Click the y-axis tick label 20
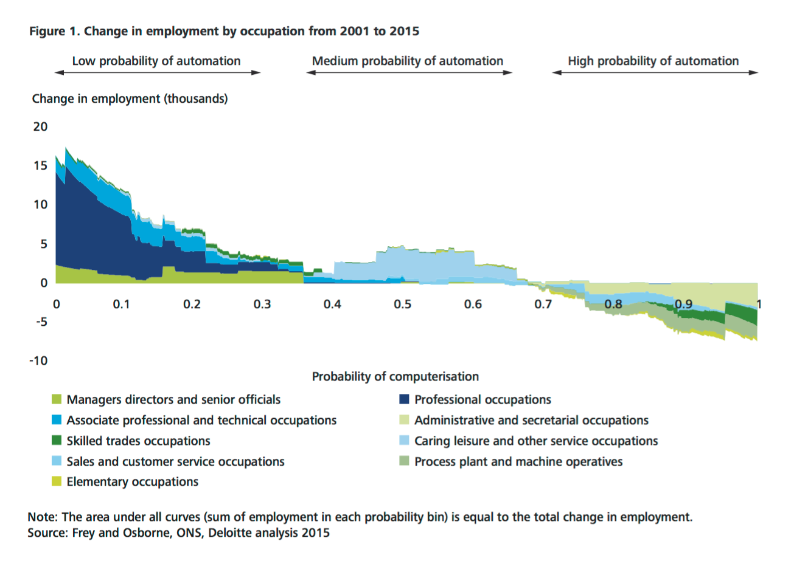(40, 126)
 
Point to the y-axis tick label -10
(38, 360)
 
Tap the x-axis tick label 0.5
(402, 304)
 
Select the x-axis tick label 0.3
(262, 304)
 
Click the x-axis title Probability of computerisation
(395, 376)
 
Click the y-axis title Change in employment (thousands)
(130, 98)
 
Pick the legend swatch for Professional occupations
(404, 399)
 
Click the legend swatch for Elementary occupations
(57, 481)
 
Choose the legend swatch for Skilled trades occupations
(57, 440)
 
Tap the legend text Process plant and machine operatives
(518, 461)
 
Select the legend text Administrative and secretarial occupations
(531, 420)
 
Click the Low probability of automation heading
(156, 61)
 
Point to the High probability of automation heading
(653, 61)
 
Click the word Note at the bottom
(41, 517)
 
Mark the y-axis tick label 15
(40, 165)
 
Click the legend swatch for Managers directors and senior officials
(57, 399)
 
